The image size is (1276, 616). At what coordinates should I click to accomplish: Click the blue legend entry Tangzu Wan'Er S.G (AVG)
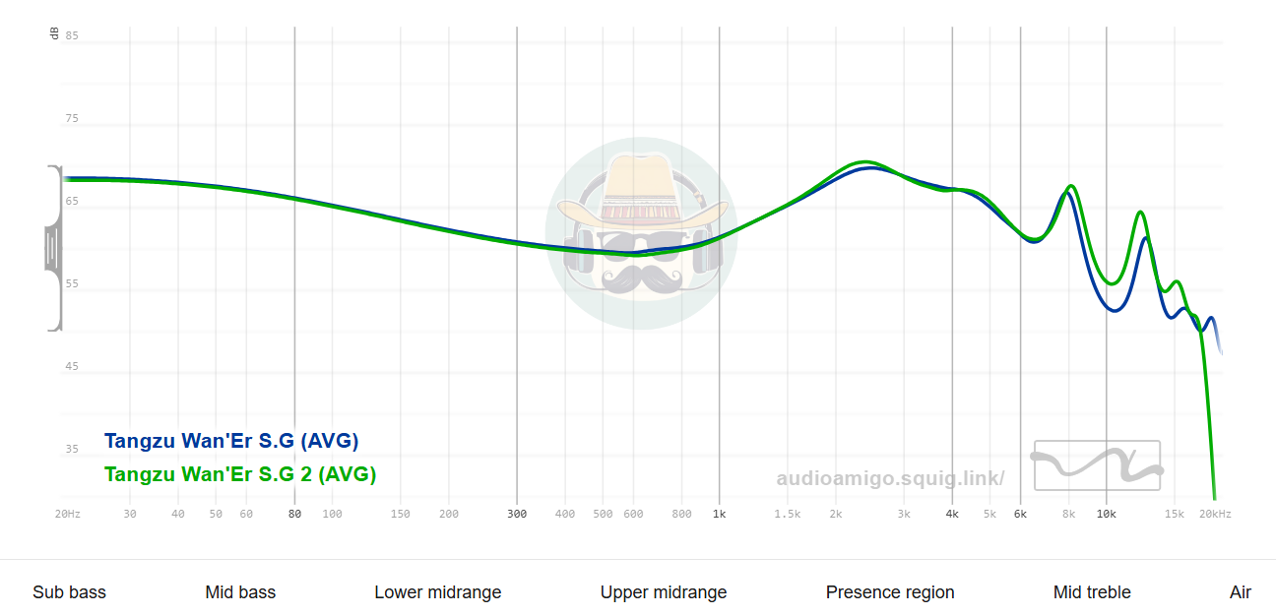point(231,441)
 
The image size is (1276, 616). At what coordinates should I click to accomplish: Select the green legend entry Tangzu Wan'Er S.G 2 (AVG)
point(240,474)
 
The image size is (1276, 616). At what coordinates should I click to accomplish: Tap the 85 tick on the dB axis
point(72,36)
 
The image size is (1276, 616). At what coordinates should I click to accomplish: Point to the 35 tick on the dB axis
point(72,450)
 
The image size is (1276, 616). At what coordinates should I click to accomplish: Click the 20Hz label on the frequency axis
point(68,514)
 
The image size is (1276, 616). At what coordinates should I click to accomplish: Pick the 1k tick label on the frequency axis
point(720,514)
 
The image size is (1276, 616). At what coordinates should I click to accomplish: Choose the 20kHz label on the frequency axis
point(1215,514)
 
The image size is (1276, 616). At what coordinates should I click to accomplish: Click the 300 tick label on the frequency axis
point(517,514)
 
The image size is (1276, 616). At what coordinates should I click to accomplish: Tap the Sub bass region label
point(69,592)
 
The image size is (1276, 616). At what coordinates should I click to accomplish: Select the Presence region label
point(890,592)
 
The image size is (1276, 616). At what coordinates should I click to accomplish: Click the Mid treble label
point(1092,592)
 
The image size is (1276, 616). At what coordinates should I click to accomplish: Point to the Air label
point(1241,592)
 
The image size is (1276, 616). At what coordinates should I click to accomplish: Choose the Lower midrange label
point(438,592)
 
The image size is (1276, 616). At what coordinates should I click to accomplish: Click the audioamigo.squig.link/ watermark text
point(890,479)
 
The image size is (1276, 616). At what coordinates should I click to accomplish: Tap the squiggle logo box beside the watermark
point(1097,465)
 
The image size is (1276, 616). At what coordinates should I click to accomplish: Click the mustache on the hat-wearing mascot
point(641,278)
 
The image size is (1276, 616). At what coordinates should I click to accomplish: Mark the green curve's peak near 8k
point(1071,186)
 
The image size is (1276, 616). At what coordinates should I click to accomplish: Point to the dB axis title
point(54,34)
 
